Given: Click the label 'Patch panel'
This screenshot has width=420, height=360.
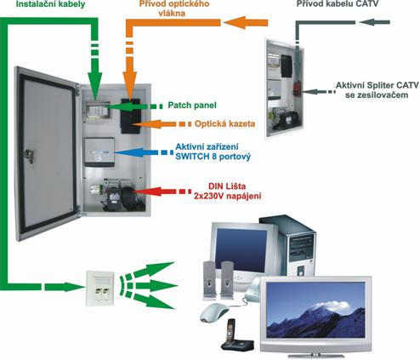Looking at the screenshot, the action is tap(192, 106).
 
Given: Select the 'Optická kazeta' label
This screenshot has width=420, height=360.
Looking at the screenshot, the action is tap(224, 123).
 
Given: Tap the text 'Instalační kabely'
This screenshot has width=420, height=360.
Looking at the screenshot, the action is tap(50, 4).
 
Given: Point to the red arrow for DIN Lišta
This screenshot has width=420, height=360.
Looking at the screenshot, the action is tap(162, 191).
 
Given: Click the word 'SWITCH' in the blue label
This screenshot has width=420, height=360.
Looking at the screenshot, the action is tap(192, 157).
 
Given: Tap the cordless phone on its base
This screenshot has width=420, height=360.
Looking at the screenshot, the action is tap(236, 337).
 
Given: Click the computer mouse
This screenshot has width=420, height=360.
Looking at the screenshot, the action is tap(214, 312).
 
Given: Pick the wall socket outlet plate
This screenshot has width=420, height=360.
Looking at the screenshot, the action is tap(100, 289).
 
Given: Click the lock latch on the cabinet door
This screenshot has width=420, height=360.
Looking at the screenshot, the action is tap(29, 156).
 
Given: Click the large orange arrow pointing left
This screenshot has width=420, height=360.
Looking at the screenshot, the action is tap(246, 22).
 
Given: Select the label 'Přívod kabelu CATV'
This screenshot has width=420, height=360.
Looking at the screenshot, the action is tap(338, 3).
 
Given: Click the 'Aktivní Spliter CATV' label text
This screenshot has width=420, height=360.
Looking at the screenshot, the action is tap(377, 85).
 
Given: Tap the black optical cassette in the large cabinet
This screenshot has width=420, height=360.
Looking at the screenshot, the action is tap(130, 116).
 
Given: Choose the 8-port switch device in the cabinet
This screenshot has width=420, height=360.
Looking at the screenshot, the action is tap(99, 152).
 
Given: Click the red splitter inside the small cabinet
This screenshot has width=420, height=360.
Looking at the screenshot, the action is tap(297, 89).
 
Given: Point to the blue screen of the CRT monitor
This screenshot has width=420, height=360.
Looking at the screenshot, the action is tap(241, 250).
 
